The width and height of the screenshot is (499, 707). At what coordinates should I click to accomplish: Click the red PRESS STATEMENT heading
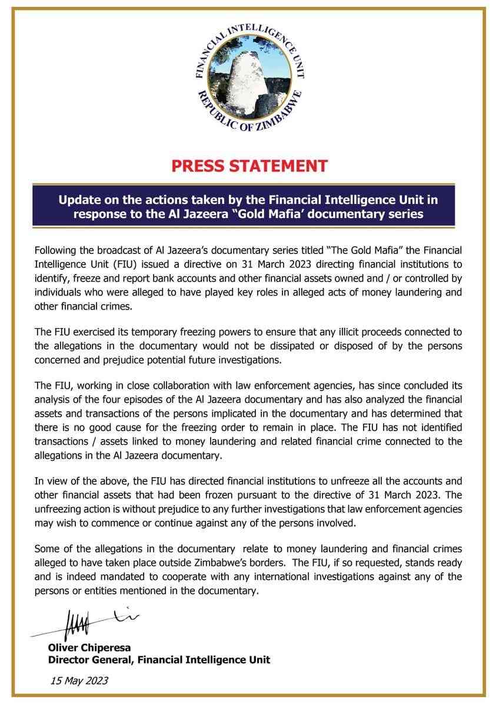coord(249,166)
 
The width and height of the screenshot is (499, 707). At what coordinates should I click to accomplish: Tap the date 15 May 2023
coord(79,680)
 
